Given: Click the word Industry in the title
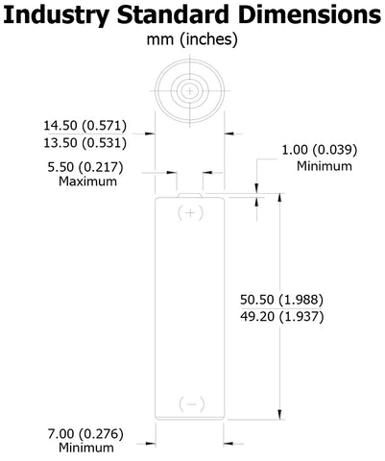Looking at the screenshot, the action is (x=57, y=15).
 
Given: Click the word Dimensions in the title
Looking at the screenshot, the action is (x=309, y=14).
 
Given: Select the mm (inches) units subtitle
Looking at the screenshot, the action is (x=192, y=40).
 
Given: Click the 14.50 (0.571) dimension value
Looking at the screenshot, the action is (x=85, y=126).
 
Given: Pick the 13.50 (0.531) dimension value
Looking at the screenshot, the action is (x=85, y=143).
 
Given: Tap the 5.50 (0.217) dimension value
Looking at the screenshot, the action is (x=85, y=167).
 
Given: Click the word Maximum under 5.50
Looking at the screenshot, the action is (x=87, y=182).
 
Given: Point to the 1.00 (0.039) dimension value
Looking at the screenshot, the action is (x=319, y=150).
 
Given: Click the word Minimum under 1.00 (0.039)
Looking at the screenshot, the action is (x=325, y=166).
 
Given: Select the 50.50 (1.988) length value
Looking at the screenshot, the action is (x=281, y=300).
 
